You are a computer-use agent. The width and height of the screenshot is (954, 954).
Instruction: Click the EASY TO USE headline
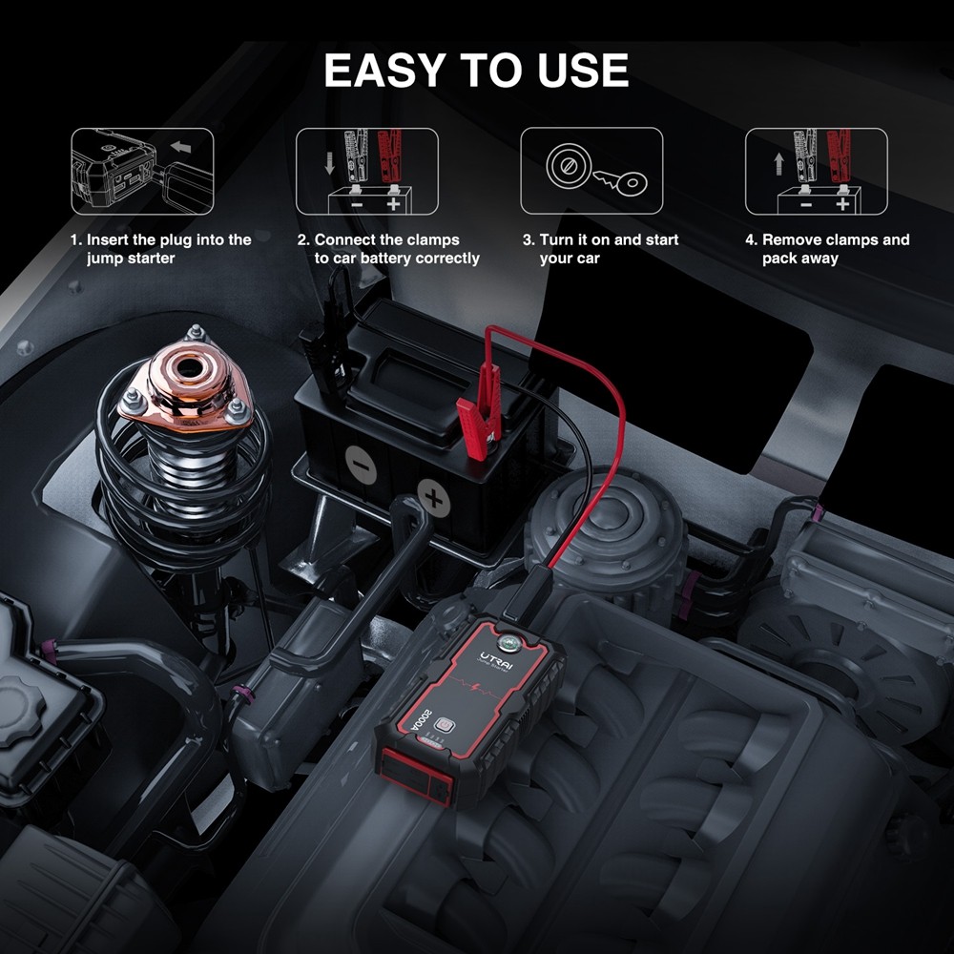[x=476, y=71]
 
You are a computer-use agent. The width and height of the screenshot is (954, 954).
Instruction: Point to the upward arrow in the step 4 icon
[x=778, y=163]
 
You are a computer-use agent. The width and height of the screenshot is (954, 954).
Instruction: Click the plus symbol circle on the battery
[x=434, y=497]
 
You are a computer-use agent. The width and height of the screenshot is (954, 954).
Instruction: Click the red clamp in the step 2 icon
[x=388, y=156]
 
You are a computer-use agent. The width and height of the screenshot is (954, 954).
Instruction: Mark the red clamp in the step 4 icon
[x=838, y=156]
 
